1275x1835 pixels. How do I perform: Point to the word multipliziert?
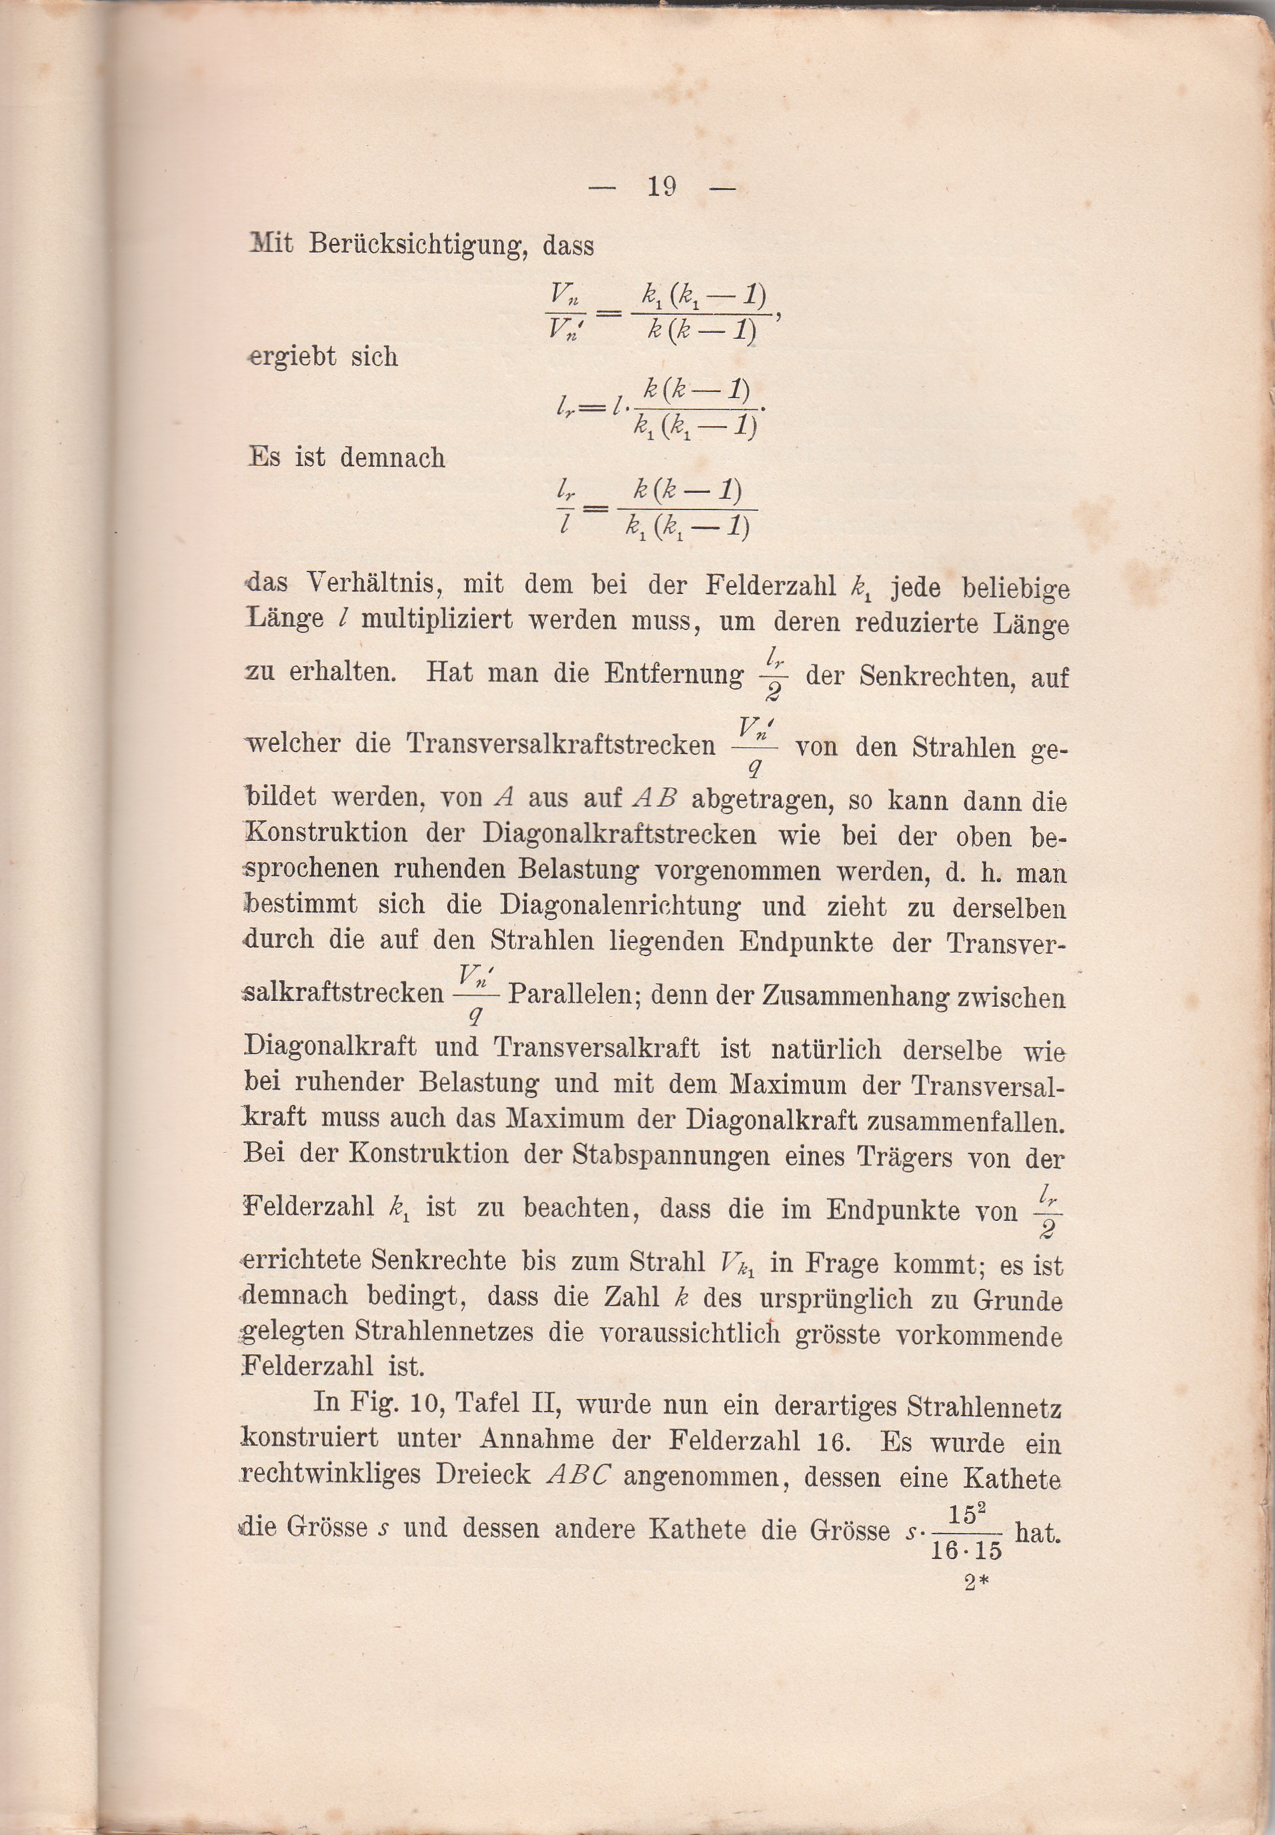(436, 620)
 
